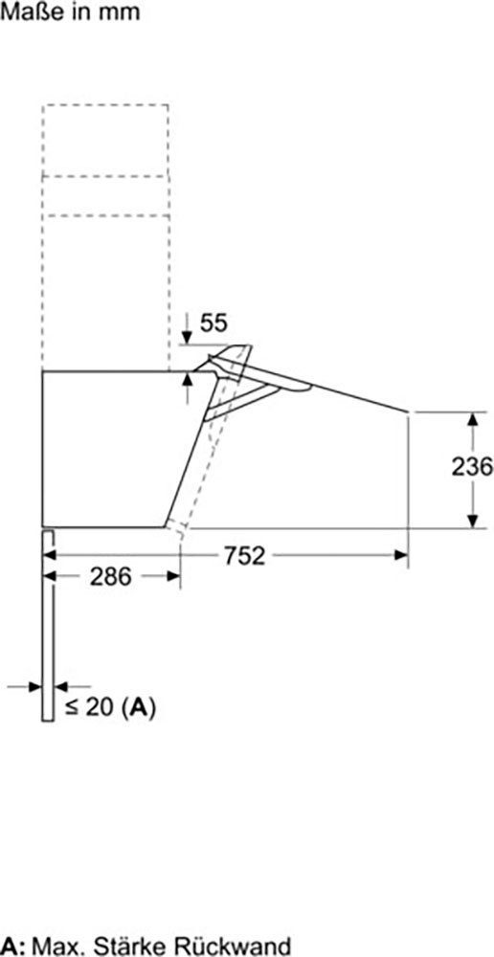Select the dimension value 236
pyautogui.click(x=472, y=467)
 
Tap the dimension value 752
pyautogui.click(x=245, y=555)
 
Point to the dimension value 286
pyautogui.click(x=110, y=577)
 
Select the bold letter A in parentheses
pyautogui.click(x=140, y=708)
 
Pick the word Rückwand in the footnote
pyautogui.click(x=232, y=946)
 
